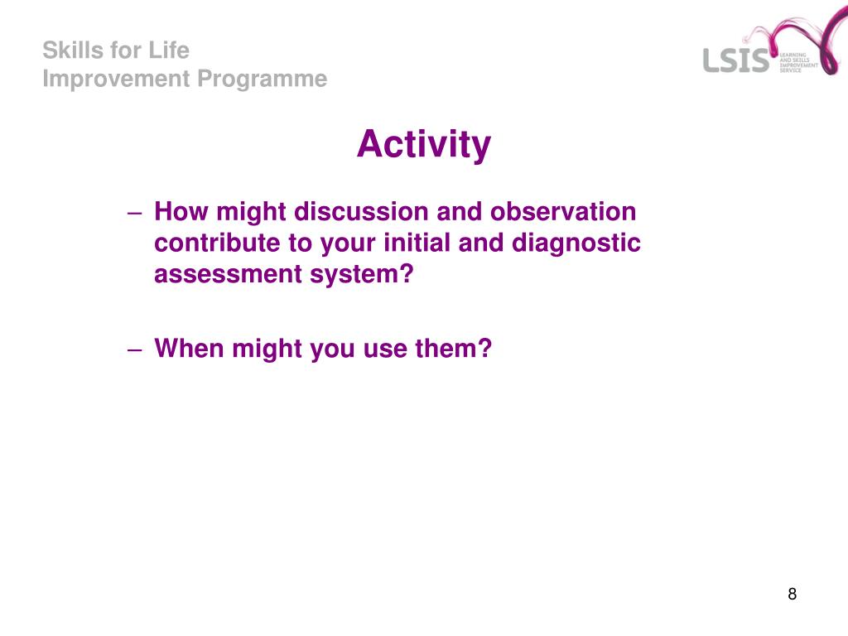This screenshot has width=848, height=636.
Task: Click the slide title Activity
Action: (424, 144)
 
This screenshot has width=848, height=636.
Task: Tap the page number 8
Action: (793, 594)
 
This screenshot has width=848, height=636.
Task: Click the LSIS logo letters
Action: (736, 60)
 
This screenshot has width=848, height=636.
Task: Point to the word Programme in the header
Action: (263, 79)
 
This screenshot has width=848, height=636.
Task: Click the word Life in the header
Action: (169, 51)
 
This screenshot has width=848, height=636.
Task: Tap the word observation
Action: (563, 211)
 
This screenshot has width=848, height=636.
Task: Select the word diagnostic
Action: (576, 243)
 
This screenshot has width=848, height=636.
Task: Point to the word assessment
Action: (228, 274)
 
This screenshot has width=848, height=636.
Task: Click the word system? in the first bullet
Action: (362, 274)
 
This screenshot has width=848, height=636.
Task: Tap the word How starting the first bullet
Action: (181, 211)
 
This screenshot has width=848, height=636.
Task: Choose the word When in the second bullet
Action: (189, 349)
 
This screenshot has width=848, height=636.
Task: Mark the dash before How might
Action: (135, 213)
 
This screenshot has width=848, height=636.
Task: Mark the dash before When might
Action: (135, 350)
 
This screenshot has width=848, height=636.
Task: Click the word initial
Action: (417, 243)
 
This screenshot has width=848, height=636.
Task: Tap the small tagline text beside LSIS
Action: (798, 63)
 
